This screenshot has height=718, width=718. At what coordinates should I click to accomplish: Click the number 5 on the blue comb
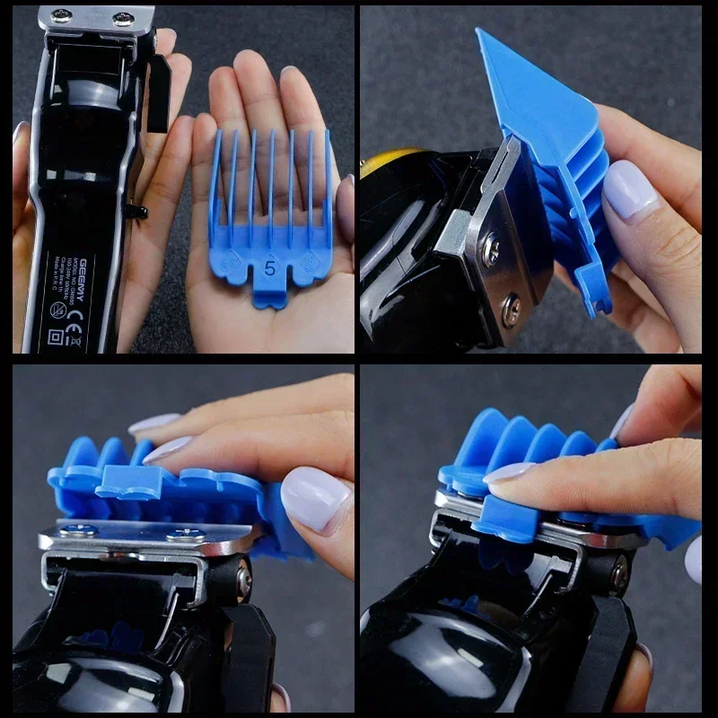[x=269, y=267]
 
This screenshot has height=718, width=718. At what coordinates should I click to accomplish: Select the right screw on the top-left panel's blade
[x=123, y=18]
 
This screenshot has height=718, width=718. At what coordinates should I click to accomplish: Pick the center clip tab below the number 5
[x=269, y=294]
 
